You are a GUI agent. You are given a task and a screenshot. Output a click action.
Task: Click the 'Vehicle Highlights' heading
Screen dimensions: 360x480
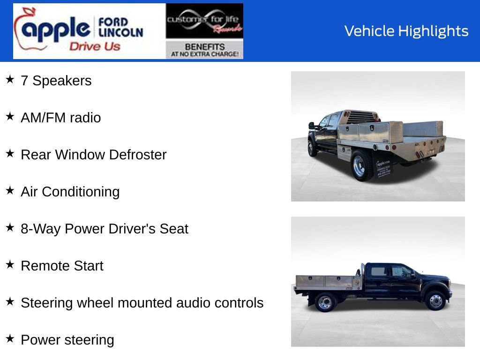406,31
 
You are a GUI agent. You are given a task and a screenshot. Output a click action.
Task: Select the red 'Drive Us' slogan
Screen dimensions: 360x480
95,46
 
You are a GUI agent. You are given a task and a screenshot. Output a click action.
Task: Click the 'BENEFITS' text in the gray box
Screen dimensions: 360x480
204,47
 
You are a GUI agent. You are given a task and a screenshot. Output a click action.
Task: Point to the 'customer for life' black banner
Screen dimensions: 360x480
204,21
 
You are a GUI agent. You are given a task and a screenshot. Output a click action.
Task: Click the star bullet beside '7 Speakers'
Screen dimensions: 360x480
10,80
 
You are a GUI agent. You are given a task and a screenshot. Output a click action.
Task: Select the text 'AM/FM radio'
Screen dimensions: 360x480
60,118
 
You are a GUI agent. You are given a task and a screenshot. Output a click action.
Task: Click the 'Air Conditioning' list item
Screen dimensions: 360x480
70,192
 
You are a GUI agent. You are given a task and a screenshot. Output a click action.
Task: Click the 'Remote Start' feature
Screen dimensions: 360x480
62,266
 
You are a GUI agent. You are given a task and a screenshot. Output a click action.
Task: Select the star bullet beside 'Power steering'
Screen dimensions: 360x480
10,339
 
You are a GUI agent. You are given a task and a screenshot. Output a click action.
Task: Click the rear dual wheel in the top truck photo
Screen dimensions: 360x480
361,167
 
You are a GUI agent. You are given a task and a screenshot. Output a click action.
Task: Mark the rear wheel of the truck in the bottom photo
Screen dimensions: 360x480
324,301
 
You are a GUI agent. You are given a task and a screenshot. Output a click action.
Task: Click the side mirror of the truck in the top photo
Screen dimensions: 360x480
311,125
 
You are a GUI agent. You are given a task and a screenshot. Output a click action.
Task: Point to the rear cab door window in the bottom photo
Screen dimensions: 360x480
379,271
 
